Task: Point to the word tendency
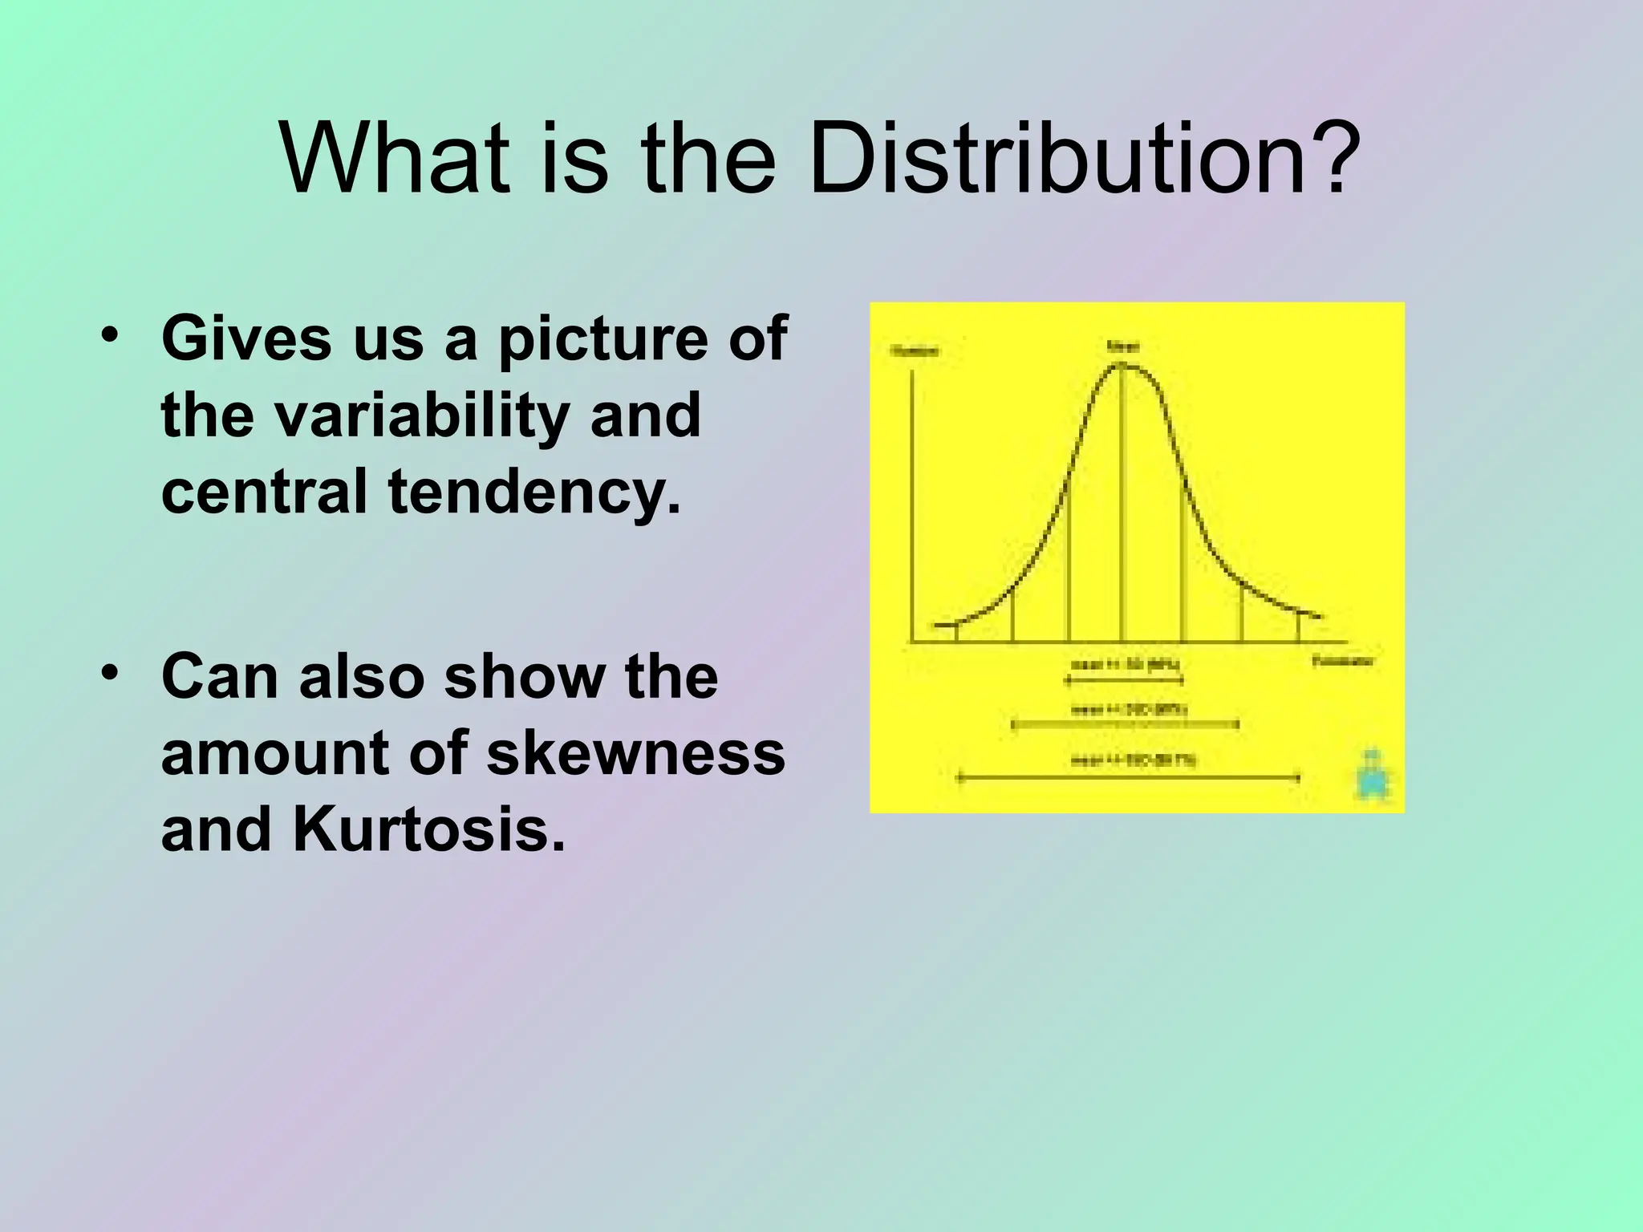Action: [x=534, y=491]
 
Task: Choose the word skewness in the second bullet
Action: [x=635, y=753]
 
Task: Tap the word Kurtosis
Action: [x=429, y=830]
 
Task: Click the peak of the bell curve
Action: [x=1122, y=366]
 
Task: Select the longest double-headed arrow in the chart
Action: [x=1128, y=776]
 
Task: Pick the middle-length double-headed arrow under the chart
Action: [x=1126, y=725]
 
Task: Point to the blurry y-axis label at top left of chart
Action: [x=915, y=351]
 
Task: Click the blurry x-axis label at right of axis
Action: [x=1343, y=661]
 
